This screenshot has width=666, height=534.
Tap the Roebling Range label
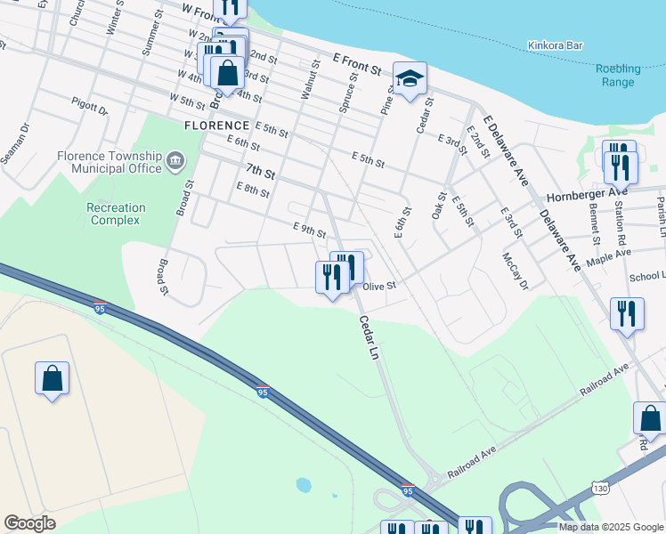[616, 76]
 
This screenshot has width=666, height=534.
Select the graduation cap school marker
[410, 80]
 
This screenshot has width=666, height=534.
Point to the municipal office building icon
[175, 162]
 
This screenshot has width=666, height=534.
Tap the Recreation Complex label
[116, 214]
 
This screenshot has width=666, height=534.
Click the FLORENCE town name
[216, 126]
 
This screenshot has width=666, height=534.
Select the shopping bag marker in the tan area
[53, 378]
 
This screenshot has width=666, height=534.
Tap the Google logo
[29, 523]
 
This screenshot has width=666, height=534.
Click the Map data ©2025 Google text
[610, 527]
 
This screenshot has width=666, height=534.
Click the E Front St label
[357, 62]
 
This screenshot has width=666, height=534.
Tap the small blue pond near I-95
[304, 485]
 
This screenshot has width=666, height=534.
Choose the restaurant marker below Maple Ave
[626, 314]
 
